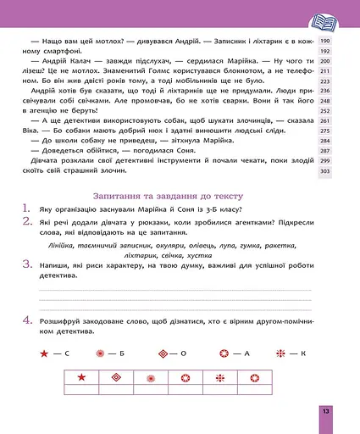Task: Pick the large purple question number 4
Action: coord(27,320)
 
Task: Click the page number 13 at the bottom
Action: coord(324,411)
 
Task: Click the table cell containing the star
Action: coord(82,377)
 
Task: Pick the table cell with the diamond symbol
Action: coord(115,377)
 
